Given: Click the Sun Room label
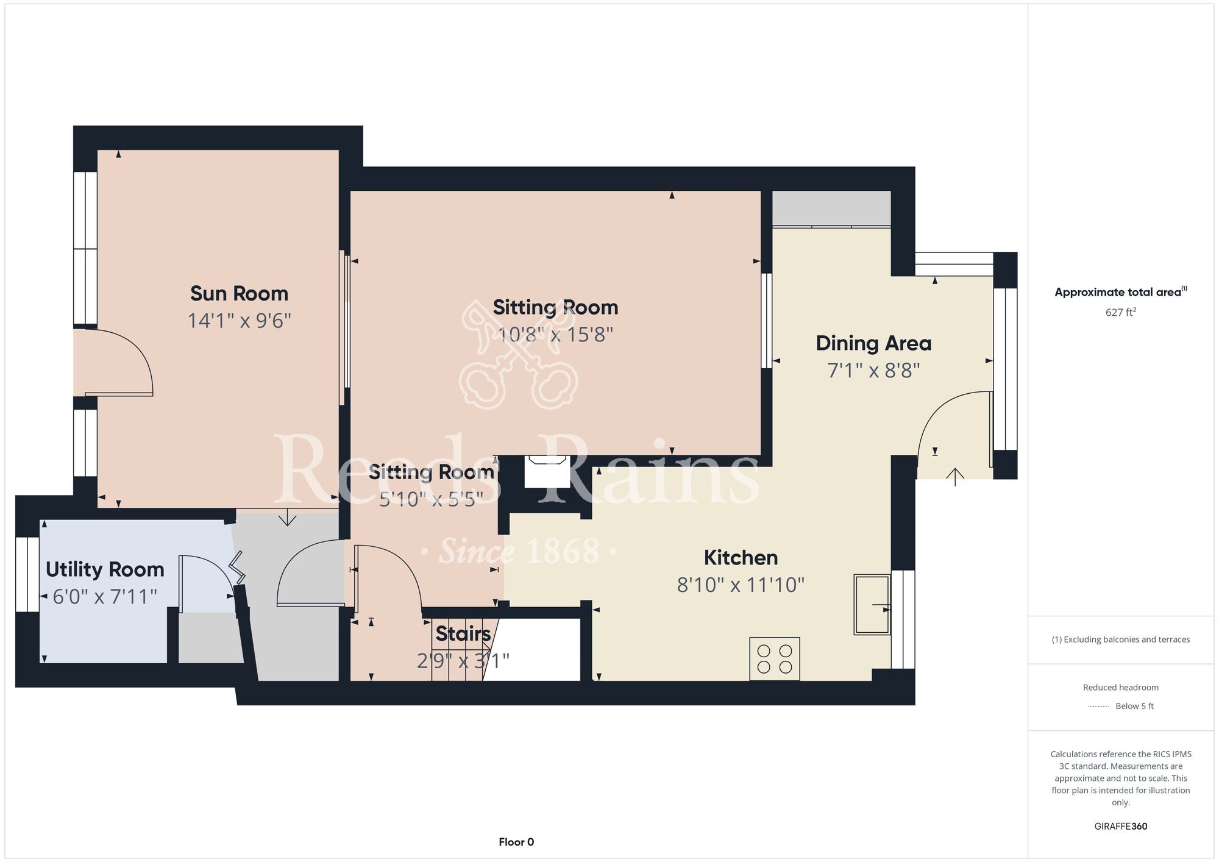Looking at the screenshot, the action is [239, 293].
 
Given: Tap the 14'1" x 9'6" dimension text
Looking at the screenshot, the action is [239, 321].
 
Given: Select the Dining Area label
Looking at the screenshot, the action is [873, 343].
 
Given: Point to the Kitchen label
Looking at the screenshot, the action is [741, 557].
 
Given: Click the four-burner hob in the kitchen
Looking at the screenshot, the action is [775, 659].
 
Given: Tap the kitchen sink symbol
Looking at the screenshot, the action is [872, 604].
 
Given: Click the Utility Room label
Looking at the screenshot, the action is [105, 569].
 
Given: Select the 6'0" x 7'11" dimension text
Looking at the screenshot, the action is [105, 596].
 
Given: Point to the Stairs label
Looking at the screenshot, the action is [463, 634].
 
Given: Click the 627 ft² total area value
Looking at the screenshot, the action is [1121, 312].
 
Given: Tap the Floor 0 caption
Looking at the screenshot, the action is [516, 842].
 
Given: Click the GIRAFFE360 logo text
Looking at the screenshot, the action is [1121, 827].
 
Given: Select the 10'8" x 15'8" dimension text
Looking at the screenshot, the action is [555, 335].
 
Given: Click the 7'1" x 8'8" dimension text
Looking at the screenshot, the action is [873, 371].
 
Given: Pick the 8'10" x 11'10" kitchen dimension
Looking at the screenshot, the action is [741, 585].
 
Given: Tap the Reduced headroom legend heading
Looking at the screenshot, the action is [1121, 687].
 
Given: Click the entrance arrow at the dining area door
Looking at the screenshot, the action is [955, 477].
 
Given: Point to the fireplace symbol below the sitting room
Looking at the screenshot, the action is [547, 471].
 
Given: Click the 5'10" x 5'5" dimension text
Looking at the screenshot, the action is [431, 500].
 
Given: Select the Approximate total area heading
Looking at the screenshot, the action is [1121, 292].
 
